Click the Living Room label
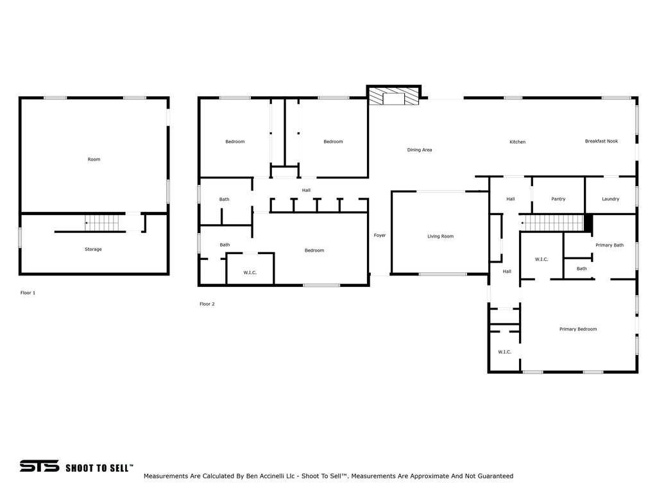tap(440, 236)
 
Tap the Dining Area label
tap(420, 150)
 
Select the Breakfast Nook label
tap(601, 141)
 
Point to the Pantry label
tap(558, 199)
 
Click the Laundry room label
tap(611, 199)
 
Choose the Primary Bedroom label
tap(578, 329)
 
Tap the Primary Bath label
tap(610, 245)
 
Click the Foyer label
tap(380, 236)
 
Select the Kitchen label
tap(518, 142)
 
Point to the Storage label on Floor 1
tap(93, 250)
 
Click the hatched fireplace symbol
tap(394, 96)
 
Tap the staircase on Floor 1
tap(102, 223)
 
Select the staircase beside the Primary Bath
tap(552, 223)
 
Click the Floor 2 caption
tap(207, 304)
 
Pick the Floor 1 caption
tap(28, 293)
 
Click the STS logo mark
tap(39, 466)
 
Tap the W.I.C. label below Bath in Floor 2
tap(250, 273)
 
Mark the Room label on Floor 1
tap(94, 159)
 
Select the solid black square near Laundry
tap(588, 223)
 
